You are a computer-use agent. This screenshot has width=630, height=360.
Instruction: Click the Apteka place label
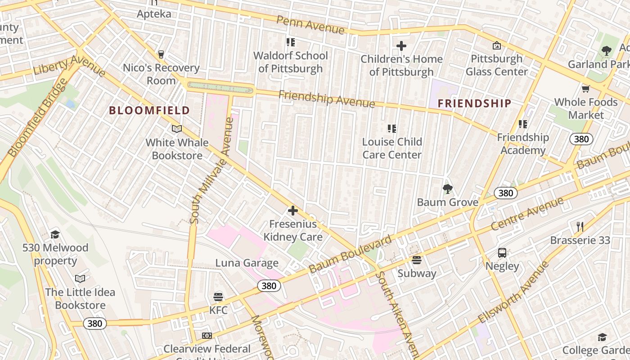[x=154, y=13]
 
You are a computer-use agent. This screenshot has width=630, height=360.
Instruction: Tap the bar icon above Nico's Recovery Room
[x=161, y=54]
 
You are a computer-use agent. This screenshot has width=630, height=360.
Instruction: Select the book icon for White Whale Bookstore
[x=177, y=129]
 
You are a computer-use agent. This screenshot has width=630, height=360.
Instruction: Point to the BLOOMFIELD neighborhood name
[x=149, y=110]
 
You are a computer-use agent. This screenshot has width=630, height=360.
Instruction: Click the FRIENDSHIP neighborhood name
[x=474, y=103]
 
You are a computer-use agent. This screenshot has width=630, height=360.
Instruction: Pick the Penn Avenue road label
[x=310, y=24]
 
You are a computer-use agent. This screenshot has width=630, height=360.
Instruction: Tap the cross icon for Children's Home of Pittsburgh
[x=401, y=46]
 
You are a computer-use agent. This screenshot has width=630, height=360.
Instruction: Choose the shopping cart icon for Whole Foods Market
[x=585, y=89]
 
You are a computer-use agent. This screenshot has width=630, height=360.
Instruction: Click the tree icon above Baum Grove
[x=447, y=189]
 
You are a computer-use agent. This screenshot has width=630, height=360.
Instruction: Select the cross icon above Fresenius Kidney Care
[x=293, y=210]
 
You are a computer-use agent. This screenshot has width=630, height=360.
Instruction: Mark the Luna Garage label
[x=247, y=263]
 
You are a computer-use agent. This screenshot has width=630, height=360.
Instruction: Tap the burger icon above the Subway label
[x=417, y=260]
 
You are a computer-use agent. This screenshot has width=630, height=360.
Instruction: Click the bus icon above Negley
[x=502, y=253]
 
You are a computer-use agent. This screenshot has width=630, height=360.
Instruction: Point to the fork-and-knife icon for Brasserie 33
[x=580, y=226]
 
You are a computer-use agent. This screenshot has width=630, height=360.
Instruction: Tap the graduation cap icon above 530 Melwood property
[x=55, y=234]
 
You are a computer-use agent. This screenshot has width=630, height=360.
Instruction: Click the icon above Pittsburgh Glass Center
[x=496, y=45]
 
